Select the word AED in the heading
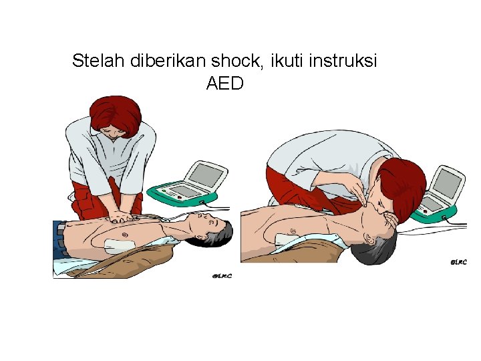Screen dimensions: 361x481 click(x=225, y=84)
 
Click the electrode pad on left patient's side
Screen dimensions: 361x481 click(x=120, y=243)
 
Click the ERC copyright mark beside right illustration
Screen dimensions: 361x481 click(x=456, y=262)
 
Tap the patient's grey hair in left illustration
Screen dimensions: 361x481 click(x=224, y=233)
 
